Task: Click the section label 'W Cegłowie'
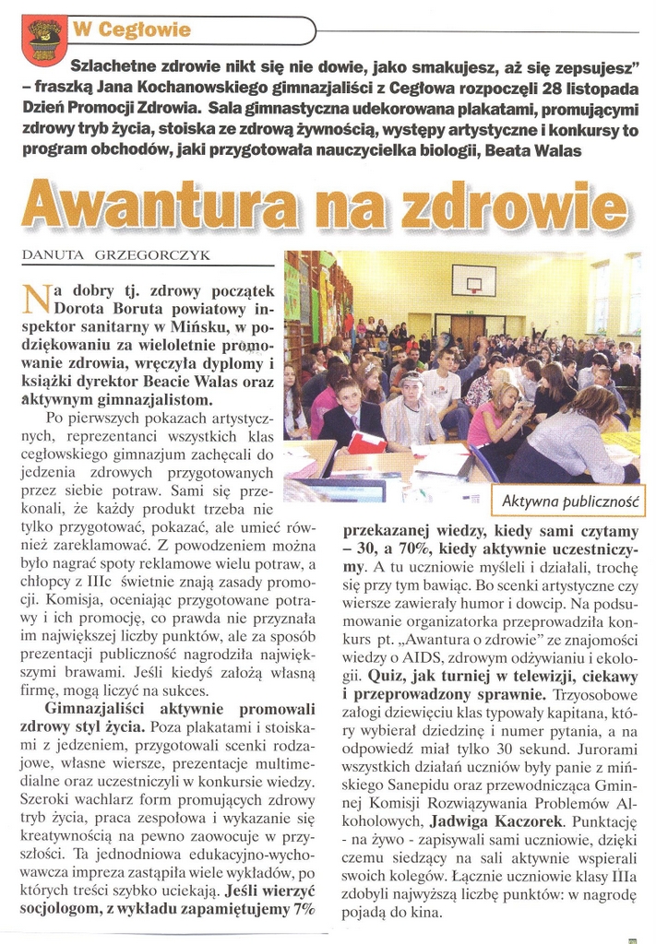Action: point(132,30)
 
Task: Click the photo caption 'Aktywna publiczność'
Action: point(571,502)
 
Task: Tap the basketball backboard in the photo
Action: point(472,279)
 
